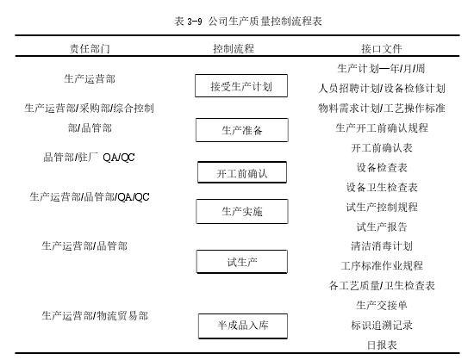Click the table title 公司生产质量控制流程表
click(265, 22)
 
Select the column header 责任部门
click(90, 48)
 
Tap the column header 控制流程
click(234, 48)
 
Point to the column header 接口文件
click(382, 48)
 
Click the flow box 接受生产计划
click(241, 86)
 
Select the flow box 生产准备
click(242, 130)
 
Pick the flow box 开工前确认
click(242, 172)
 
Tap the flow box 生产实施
click(242, 211)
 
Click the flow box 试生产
click(242, 262)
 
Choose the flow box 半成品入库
click(243, 326)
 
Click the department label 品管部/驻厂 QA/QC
click(89, 158)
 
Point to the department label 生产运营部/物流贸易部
click(95, 315)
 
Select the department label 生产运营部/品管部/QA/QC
click(90, 197)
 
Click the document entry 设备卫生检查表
click(382, 188)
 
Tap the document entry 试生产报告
click(382, 227)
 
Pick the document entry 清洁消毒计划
click(382, 246)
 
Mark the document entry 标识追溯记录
click(382, 326)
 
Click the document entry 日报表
click(382, 344)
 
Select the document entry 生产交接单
click(382, 306)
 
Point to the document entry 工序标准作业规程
click(382, 266)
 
